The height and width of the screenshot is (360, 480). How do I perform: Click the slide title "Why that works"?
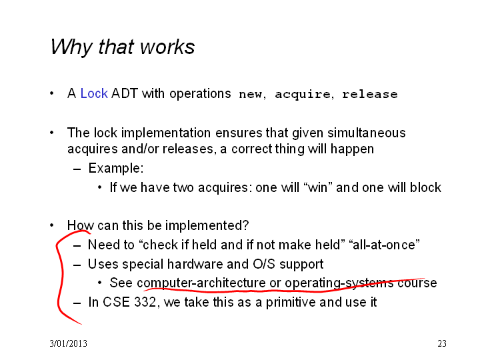click(x=123, y=47)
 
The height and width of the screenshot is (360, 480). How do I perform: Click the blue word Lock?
click(x=94, y=93)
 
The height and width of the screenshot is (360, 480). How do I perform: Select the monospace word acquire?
click(x=303, y=95)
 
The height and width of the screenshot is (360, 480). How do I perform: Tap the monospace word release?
click(x=370, y=94)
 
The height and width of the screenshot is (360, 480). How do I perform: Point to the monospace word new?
click(x=250, y=95)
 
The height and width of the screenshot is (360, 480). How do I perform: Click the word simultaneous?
click(x=367, y=133)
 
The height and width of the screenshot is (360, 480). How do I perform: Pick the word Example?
click(x=116, y=169)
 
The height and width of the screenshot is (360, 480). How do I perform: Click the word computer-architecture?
click(x=201, y=283)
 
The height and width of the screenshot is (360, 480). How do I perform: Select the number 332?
click(x=146, y=302)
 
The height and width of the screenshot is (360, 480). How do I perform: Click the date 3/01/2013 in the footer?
click(x=68, y=343)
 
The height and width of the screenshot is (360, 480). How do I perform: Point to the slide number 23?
click(x=442, y=343)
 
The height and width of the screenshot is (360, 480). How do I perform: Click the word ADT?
click(x=125, y=93)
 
